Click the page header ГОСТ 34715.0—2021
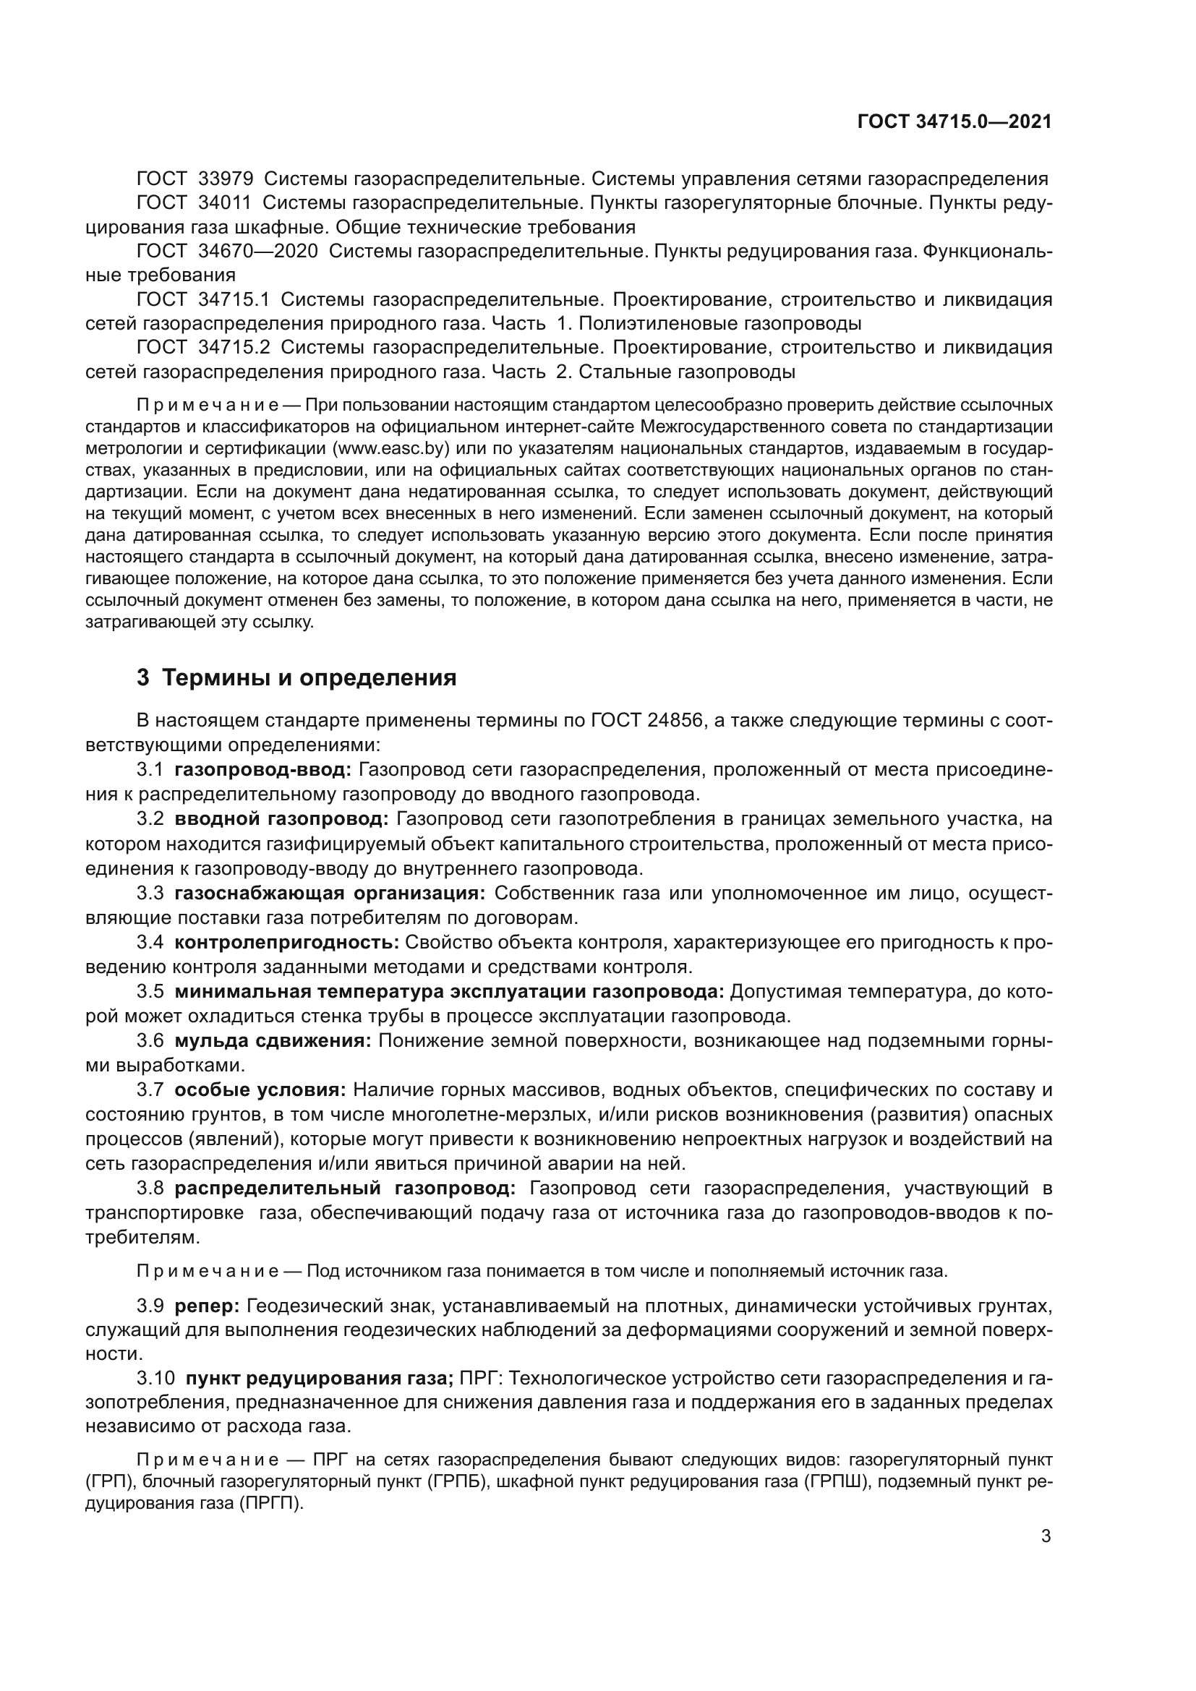pos(954,122)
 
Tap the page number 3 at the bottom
pos(1046,1536)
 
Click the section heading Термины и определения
pos(309,677)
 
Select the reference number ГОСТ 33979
pos(195,179)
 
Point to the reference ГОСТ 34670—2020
pos(228,251)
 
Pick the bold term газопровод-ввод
pos(263,770)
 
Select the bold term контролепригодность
pos(286,942)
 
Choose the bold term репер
pos(207,1306)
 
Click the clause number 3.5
pos(150,991)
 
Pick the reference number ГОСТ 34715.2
pos(204,347)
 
